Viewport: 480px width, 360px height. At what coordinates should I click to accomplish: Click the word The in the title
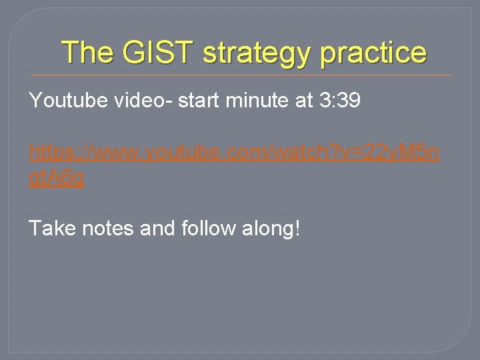pos(88,52)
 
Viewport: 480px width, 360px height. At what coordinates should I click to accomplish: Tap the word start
pos(199,101)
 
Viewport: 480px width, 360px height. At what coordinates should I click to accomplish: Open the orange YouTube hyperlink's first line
pos(234,154)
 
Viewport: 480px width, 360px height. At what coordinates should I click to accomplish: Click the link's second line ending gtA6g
pos(57,179)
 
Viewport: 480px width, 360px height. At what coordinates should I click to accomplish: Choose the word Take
pos(52,229)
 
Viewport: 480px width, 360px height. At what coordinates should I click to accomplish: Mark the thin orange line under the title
pos(241,75)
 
